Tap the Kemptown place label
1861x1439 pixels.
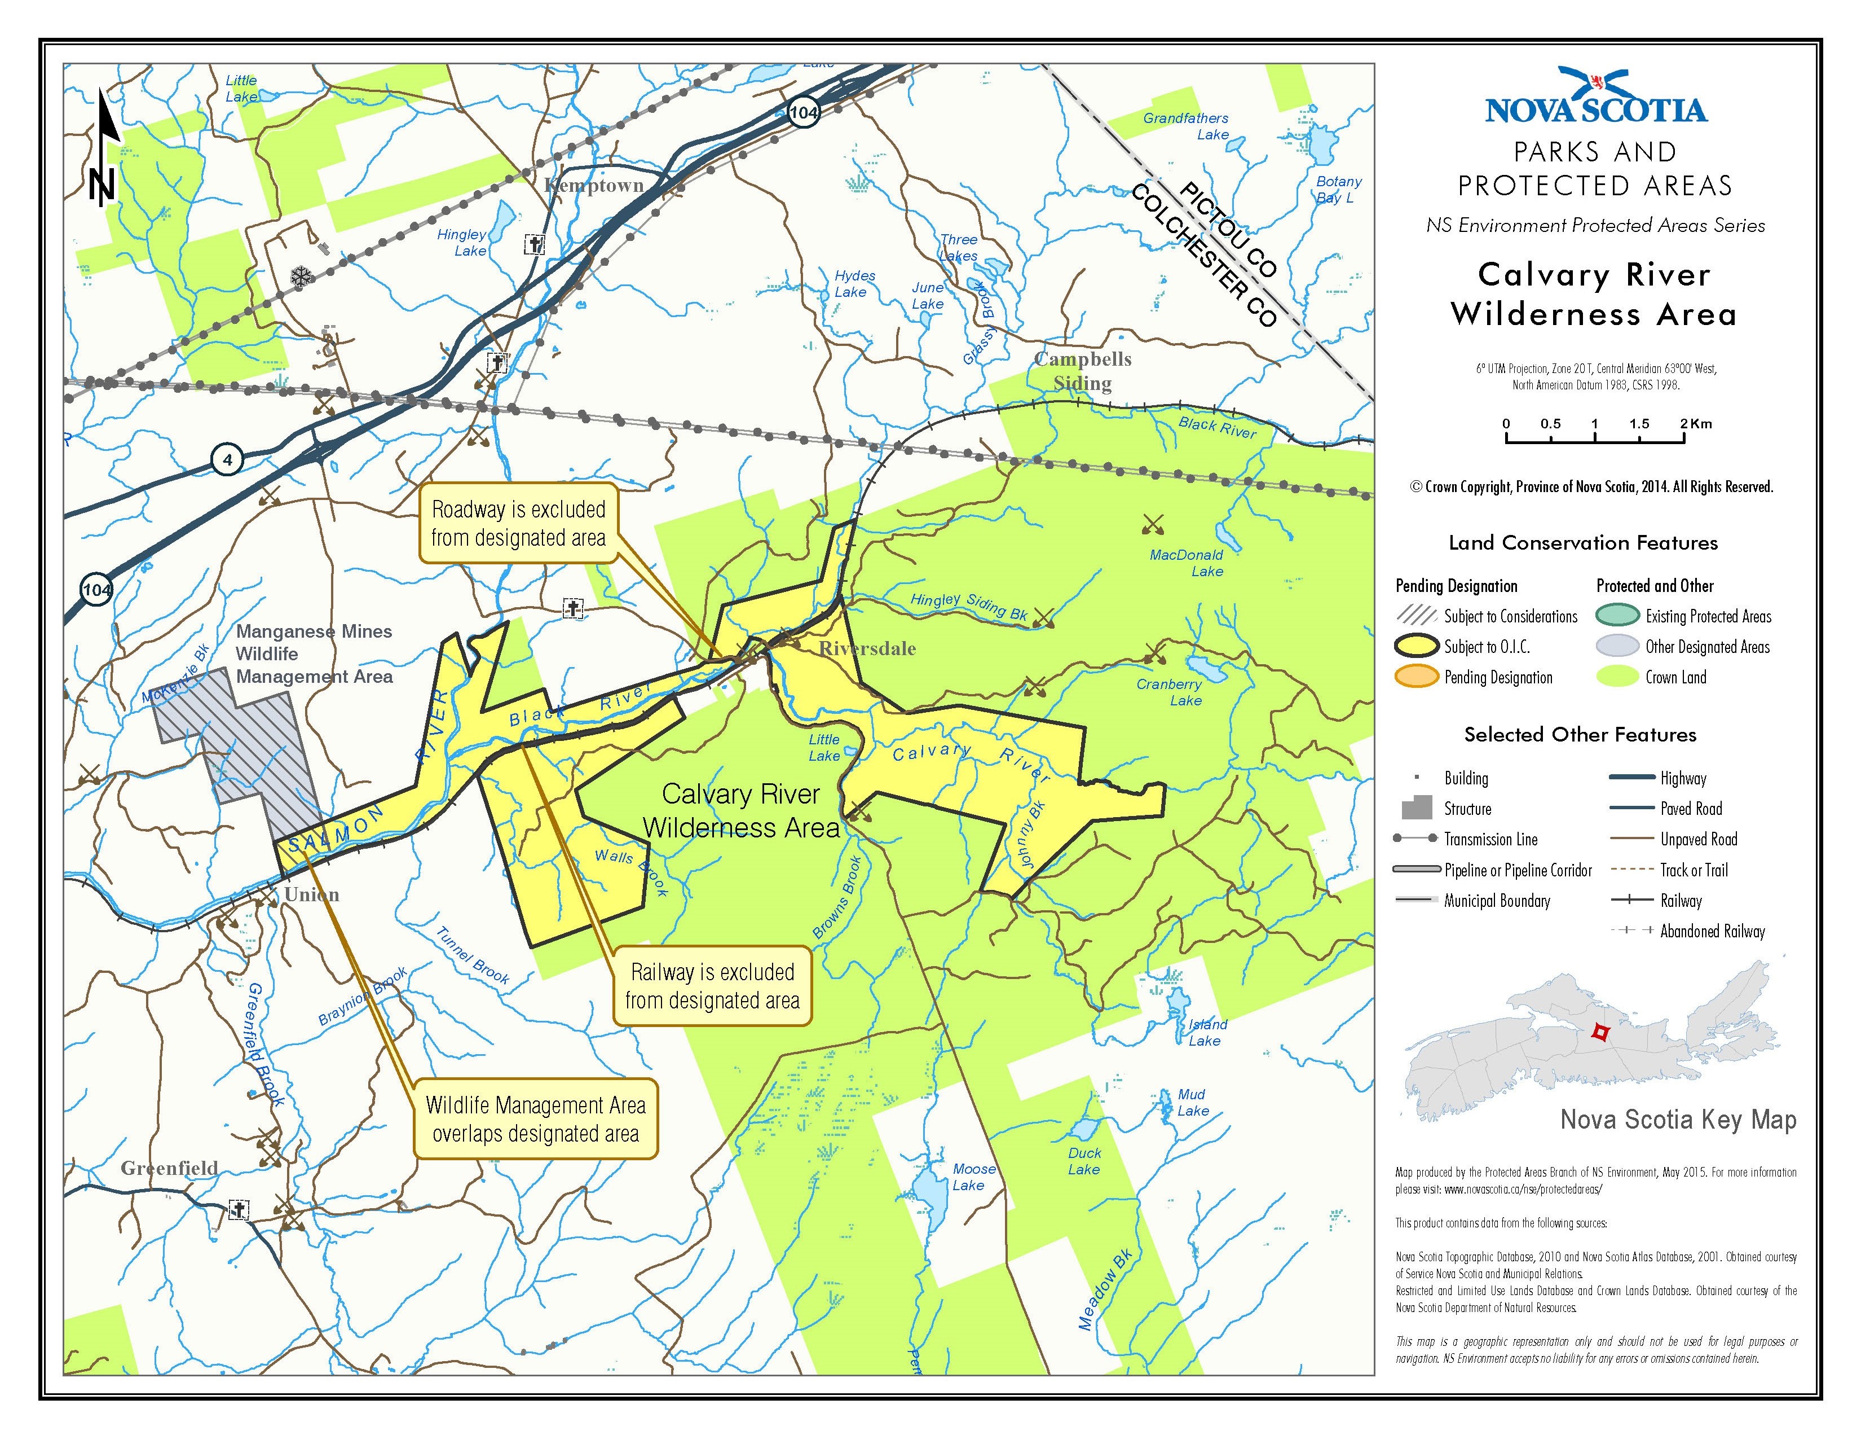(x=594, y=186)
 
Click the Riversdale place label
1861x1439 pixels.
(x=867, y=649)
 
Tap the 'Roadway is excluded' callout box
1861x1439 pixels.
(x=518, y=524)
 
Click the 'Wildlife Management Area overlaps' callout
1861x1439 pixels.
(x=536, y=1120)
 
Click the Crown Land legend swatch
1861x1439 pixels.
(x=1616, y=677)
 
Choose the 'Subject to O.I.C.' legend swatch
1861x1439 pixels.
(x=1416, y=646)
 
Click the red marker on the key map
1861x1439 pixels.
(x=1600, y=1032)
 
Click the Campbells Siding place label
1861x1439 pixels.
(x=1082, y=371)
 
